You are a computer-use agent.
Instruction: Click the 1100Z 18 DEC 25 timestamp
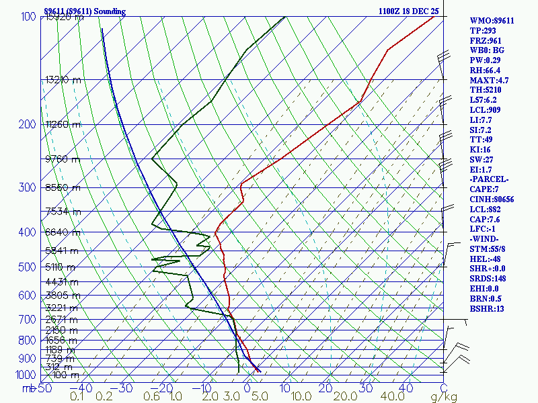click(408, 11)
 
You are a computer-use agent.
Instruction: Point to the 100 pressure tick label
click(28, 17)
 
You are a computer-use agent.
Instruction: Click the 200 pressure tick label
click(28, 124)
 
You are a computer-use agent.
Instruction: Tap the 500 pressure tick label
click(28, 267)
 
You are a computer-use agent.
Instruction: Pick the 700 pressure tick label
click(28, 320)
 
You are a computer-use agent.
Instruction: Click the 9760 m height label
click(62, 159)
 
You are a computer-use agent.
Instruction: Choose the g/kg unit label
click(443, 397)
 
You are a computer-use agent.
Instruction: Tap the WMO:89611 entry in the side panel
click(492, 21)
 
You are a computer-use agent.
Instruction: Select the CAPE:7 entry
click(484, 189)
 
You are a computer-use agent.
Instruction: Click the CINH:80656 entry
click(492, 199)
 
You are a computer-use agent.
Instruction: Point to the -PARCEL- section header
click(489, 179)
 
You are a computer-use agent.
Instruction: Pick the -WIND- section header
click(486, 239)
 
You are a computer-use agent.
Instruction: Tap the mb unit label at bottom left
click(28, 388)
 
